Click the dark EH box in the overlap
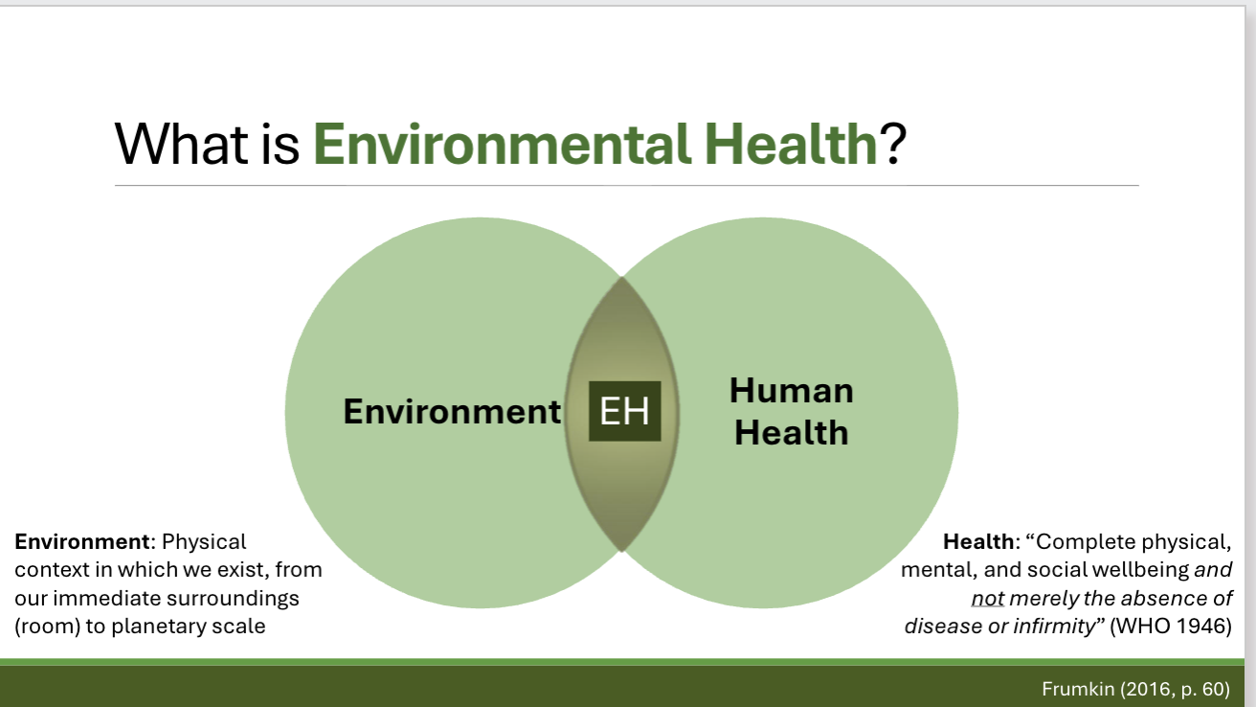624,411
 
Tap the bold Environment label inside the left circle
452,411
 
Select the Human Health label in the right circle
791,411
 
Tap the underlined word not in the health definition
987,599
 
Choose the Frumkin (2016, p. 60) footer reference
1134,689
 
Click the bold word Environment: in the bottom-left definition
80,542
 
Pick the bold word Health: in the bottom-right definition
979,542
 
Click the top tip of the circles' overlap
622,279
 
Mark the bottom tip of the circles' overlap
622,550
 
